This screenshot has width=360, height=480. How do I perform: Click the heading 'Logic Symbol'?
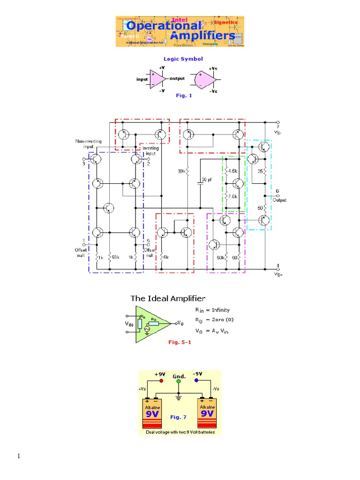click(x=183, y=59)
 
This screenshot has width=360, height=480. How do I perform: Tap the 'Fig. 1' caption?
click(x=184, y=96)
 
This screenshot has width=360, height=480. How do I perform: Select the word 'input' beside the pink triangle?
click(x=142, y=79)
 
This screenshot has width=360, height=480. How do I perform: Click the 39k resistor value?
click(x=181, y=171)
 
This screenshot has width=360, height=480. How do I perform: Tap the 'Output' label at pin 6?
click(x=280, y=200)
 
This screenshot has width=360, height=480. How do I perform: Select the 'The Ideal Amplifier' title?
click(x=167, y=298)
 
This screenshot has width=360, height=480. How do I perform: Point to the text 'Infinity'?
click(x=221, y=310)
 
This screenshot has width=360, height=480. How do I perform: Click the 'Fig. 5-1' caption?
click(x=180, y=342)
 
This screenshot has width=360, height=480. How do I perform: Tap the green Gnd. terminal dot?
click(x=178, y=381)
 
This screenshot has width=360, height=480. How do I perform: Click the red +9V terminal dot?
click(x=155, y=381)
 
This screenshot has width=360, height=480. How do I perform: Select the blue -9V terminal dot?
click(x=196, y=381)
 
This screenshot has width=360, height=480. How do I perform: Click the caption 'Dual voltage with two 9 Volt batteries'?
click(x=180, y=432)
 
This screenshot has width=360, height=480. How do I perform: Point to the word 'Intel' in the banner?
click(x=180, y=20)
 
